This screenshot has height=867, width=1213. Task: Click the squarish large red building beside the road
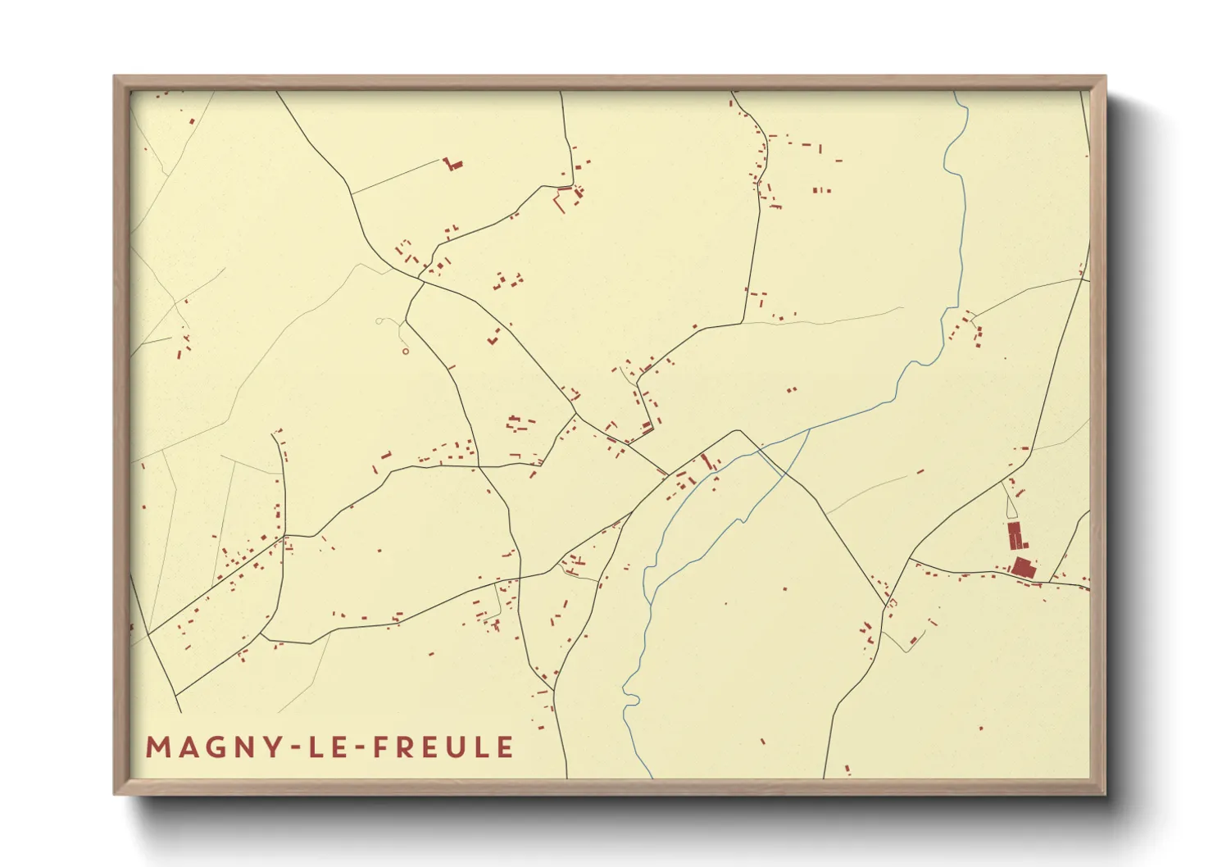[x=1022, y=567]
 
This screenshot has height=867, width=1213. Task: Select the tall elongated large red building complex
[x=1015, y=537]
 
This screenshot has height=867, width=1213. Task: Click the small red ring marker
[x=406, y=352]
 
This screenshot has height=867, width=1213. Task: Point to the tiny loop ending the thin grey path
[x=379, y=321]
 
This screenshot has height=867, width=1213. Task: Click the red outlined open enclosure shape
[x=562, y=197]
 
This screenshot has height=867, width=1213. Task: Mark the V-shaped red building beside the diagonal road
[x=493, y=337]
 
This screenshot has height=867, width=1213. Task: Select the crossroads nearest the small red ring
[x=420, y=281]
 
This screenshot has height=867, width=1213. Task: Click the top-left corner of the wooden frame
[x=115, y=77]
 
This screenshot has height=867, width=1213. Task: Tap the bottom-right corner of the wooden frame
[x=1105, y=793]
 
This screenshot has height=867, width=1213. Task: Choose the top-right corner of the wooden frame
[x=1105, y=77]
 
